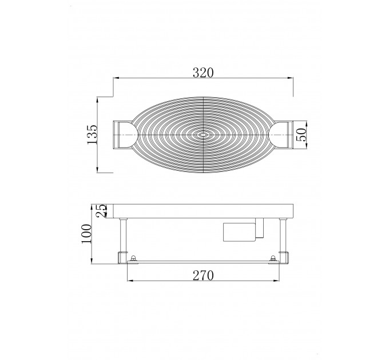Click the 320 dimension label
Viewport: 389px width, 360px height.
click(x=203, y=73)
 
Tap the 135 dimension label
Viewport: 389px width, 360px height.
click(x=92, y=134)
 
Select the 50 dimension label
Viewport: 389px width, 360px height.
click(x=301, y=134)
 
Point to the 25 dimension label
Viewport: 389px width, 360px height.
click(x=101, y=211)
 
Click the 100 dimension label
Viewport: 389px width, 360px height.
click(x=86, y=234)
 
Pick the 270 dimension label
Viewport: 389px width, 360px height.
click(x=203, y=275)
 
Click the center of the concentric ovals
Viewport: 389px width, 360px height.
click(x=203, y=135)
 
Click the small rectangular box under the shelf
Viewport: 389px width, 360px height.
click(x=240, y=232)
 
